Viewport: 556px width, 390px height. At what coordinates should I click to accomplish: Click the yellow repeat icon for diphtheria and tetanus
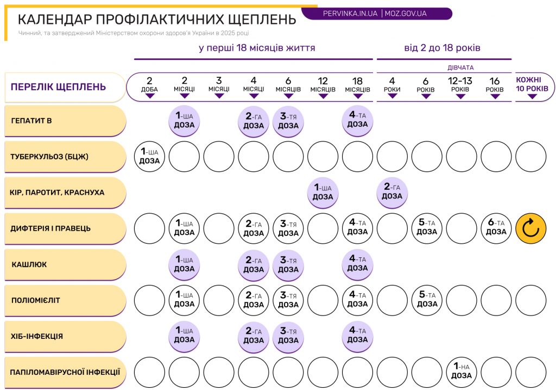[x=530, y=228]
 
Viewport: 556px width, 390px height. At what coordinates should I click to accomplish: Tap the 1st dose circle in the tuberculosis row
[x=149, y=157]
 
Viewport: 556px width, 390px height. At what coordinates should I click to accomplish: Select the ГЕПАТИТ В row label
[x=65, y=120]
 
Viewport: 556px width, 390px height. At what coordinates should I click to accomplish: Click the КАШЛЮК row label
[x=65, y=264]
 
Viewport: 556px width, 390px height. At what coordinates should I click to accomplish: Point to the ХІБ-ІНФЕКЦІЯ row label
[x=65, y=336]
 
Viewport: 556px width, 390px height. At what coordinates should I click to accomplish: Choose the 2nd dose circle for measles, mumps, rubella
[x=392, y=193]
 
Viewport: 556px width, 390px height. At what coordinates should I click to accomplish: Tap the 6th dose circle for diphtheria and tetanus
[x=496, y=228]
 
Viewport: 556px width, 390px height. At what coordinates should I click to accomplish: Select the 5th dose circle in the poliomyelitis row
[x=427, y=300]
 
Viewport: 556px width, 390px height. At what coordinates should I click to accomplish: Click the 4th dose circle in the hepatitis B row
[x=357, y=120]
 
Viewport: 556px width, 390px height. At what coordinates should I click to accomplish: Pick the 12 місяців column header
[x=323, y=86]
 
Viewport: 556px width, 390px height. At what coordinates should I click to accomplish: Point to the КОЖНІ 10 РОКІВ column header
[x=532, y=86]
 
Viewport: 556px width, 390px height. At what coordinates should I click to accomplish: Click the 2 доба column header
[x=150, y=86]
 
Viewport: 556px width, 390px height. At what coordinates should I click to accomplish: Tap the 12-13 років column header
[x=460, y=86]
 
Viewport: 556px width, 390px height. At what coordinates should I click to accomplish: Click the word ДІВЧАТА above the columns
[x=460, y=67]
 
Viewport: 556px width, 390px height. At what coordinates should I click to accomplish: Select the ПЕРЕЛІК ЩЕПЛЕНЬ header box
[x=65, y=87]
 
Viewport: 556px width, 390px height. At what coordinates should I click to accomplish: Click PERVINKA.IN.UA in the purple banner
[x=350, y=14]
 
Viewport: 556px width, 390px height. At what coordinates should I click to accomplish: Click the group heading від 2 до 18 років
[x=442, y=48]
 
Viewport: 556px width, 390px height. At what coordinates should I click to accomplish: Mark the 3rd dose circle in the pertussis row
[x=288, y=264]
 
